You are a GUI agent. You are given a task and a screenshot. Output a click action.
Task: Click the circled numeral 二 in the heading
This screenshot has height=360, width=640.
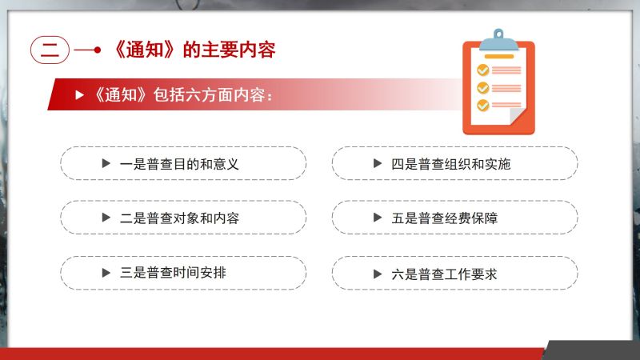point(50,50)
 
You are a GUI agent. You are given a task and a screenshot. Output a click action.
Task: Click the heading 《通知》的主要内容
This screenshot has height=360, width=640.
point(194,50)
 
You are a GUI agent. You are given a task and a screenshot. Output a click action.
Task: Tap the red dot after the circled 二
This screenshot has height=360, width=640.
point(97,50)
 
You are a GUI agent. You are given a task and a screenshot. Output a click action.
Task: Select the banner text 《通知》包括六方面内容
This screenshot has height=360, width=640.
point(182,95)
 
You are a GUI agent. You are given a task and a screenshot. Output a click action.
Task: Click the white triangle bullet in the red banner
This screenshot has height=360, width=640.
point(79,95)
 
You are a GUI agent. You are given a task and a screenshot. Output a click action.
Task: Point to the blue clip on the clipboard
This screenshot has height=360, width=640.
point(498,40)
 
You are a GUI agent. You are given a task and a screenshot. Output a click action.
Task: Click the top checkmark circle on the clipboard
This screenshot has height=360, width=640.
point(483,70)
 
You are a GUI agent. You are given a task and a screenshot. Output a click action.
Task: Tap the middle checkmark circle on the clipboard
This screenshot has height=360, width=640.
point(483,88)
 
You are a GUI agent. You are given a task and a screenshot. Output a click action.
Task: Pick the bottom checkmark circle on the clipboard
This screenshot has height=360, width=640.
point(483,106)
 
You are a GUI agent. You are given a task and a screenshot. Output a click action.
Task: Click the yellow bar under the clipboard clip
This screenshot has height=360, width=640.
point(498,56)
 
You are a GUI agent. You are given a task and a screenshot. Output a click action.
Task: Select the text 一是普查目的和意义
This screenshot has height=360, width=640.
point(179,164)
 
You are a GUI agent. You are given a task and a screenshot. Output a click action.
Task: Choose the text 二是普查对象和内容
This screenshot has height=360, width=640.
point(179,218)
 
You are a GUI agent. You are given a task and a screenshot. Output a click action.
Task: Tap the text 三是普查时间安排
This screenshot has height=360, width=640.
point(173,273)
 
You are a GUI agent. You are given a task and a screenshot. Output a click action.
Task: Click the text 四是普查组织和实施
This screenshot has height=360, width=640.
point(451,164)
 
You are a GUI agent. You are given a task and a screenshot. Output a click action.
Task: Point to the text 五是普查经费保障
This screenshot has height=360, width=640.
point(445,218)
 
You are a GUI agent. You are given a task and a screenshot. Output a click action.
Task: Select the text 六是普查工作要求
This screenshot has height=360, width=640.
point(445,274)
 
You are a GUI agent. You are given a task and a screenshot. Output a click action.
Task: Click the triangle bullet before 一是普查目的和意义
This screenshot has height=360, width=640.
point(106,164)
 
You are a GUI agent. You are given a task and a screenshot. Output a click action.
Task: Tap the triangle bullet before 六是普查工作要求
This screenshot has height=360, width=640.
point(378,274)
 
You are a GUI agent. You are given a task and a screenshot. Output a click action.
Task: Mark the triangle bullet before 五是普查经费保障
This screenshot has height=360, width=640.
point(378,218)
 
